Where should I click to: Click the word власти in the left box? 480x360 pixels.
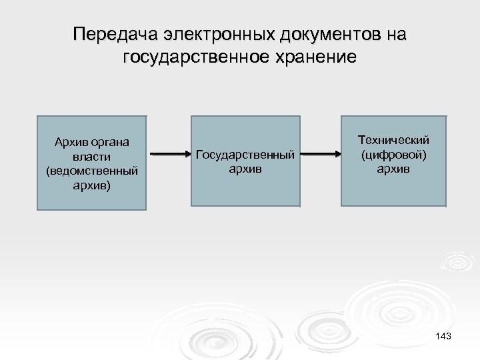93,156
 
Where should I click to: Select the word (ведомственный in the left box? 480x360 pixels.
93,170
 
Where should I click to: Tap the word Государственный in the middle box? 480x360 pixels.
245,155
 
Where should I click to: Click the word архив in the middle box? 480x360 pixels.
245,169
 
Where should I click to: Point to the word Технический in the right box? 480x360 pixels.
393,141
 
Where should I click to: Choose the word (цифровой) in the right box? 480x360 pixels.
393,155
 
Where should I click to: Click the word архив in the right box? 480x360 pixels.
393,169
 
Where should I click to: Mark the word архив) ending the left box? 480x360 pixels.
93,184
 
